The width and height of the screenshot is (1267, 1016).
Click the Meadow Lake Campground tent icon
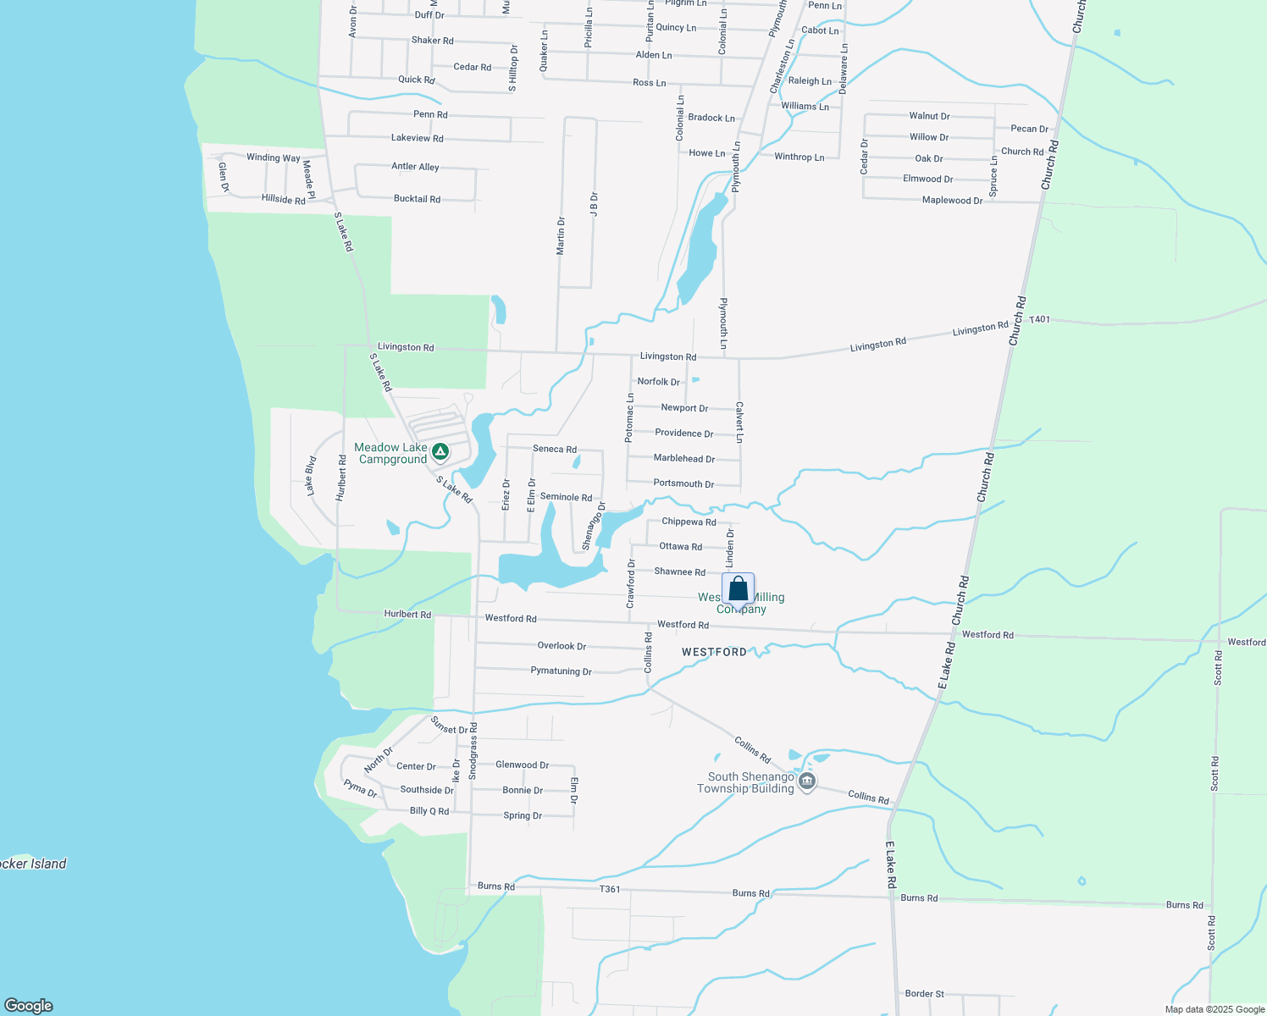coord(440,451)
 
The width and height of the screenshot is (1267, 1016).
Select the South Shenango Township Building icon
coord(807,781)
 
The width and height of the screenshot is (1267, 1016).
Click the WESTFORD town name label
coord(715,652)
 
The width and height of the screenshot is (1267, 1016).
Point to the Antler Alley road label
coord(415,167)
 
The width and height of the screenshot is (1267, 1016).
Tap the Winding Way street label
coord(274,157)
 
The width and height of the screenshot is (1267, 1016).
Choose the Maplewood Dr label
coord(952,201)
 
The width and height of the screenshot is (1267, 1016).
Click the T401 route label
coord(1039,319)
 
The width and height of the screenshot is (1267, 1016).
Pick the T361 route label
coord(610,889)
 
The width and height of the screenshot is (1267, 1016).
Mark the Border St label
coord(924,994)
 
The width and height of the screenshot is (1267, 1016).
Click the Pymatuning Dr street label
coord(561,671)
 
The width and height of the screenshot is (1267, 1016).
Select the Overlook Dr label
coord(562,646)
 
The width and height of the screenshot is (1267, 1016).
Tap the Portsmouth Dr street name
coord(683,483)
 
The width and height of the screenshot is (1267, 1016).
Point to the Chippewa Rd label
coord(689,522)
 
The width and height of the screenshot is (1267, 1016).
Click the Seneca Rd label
coord(555,449)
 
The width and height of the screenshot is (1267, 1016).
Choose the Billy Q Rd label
coord(429,811)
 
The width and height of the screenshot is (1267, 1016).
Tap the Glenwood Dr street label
coord(522,765)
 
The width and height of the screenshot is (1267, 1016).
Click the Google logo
coord(29,1005)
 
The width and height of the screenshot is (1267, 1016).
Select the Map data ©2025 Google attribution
coord(1214,1009)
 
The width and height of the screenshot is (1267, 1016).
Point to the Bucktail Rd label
coord(417,199)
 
